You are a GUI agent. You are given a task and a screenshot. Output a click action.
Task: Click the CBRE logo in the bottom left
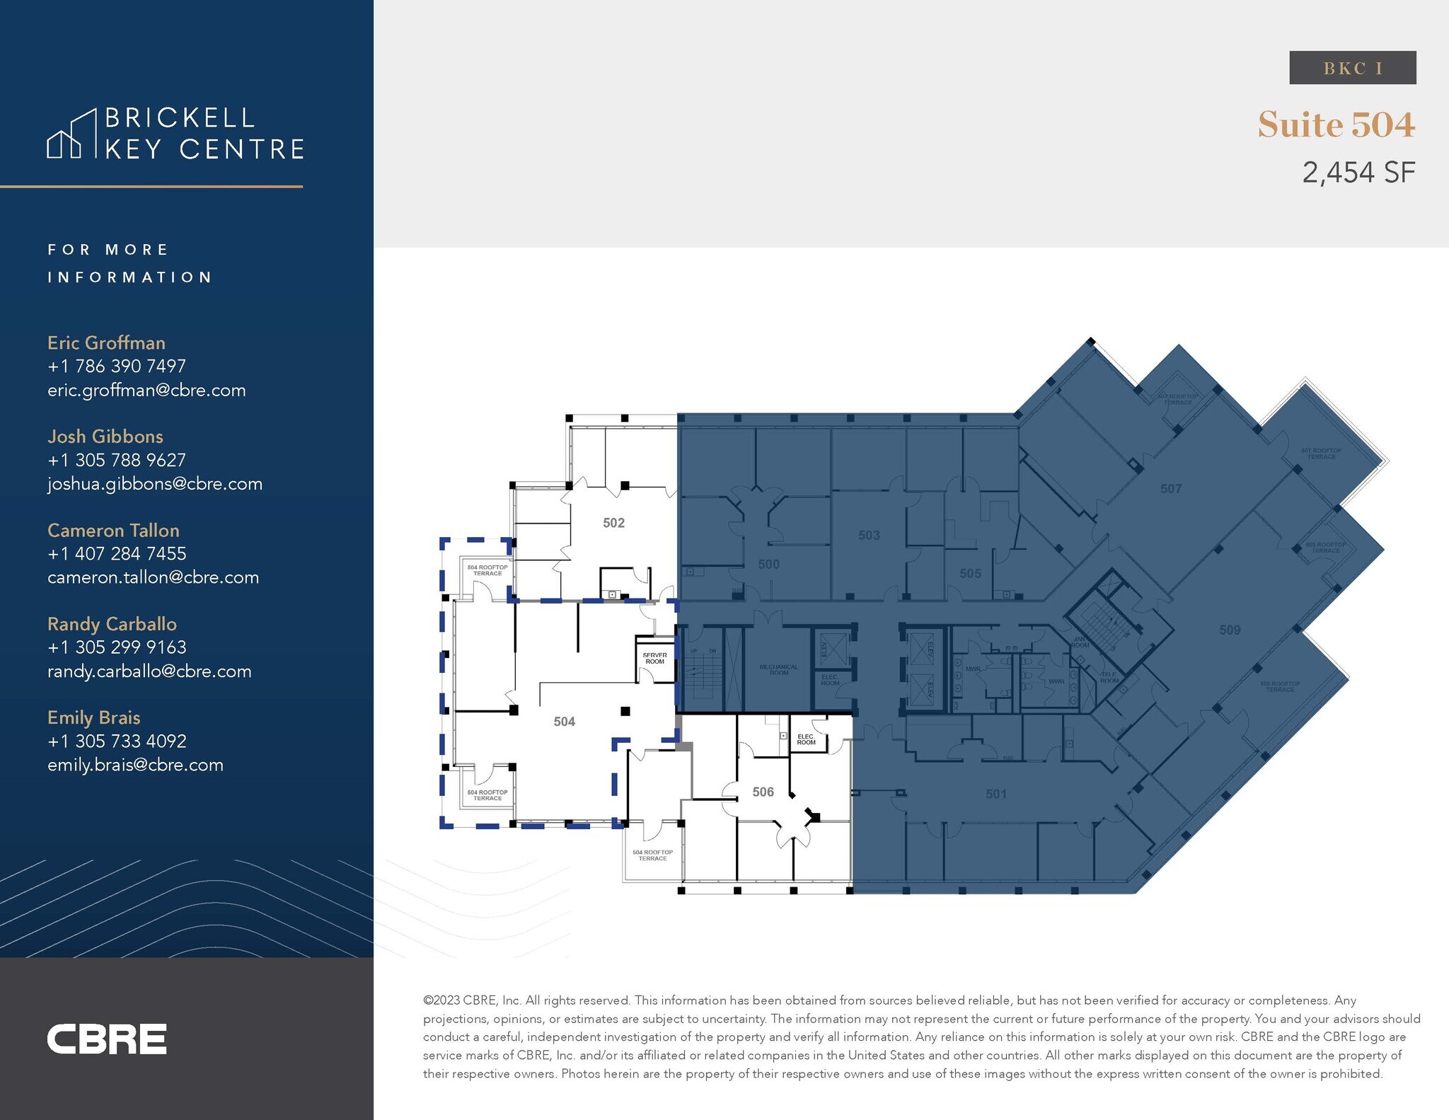tap(107, 1039)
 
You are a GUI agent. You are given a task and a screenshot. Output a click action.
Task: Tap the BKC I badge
tap(1352, 68)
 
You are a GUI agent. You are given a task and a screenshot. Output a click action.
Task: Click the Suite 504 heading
tap(1336, 125)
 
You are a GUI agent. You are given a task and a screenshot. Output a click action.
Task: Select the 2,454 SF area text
tap(1358, 173)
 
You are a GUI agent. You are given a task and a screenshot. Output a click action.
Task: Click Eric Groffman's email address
tap(146, 391)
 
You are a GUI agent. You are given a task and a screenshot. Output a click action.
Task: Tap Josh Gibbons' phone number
tap(117, 460)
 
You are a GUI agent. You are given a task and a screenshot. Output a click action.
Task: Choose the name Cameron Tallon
tap(113, 530)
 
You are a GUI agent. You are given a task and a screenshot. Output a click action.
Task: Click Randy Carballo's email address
tap(149, 671)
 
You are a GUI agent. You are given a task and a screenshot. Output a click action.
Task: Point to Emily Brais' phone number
tap(117, 741)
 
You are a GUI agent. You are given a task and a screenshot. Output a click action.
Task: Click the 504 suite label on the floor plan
tap(564, 722)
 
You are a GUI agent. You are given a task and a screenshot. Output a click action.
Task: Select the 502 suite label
tap(613, 523)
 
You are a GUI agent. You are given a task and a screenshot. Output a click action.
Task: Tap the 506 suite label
tap(763, 792)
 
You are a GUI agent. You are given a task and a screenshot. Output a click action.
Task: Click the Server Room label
tap(654, 658)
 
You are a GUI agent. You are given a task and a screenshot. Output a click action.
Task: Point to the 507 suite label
tap(1171, 489)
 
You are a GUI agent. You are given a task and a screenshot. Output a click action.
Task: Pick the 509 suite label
tap(1230, 630)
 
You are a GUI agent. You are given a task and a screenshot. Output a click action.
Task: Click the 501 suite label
tap(996, 794)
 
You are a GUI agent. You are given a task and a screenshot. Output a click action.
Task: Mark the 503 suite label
tap(869, 536)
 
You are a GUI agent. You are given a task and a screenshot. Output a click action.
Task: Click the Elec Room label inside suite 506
tap(806, 739)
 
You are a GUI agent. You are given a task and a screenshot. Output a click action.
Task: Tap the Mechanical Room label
tap(778, 669)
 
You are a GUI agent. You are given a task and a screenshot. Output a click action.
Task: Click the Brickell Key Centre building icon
tap(71, 134)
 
